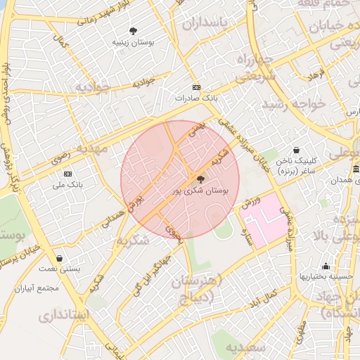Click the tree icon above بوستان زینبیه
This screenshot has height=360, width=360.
[133, 31]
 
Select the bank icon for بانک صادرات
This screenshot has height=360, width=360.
[196, 87]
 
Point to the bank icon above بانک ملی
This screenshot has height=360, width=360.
[68, 173]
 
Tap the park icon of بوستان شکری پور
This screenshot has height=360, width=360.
[200, 179]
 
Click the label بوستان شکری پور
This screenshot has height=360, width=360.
[200, 191]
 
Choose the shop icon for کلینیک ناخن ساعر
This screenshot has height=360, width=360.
[296, 150]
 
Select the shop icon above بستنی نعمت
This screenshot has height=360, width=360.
[59, 258]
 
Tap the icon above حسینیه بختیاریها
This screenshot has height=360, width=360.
[326, 266]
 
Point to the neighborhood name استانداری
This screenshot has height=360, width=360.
[63, 316]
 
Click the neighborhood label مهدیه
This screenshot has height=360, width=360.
[92, 150]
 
